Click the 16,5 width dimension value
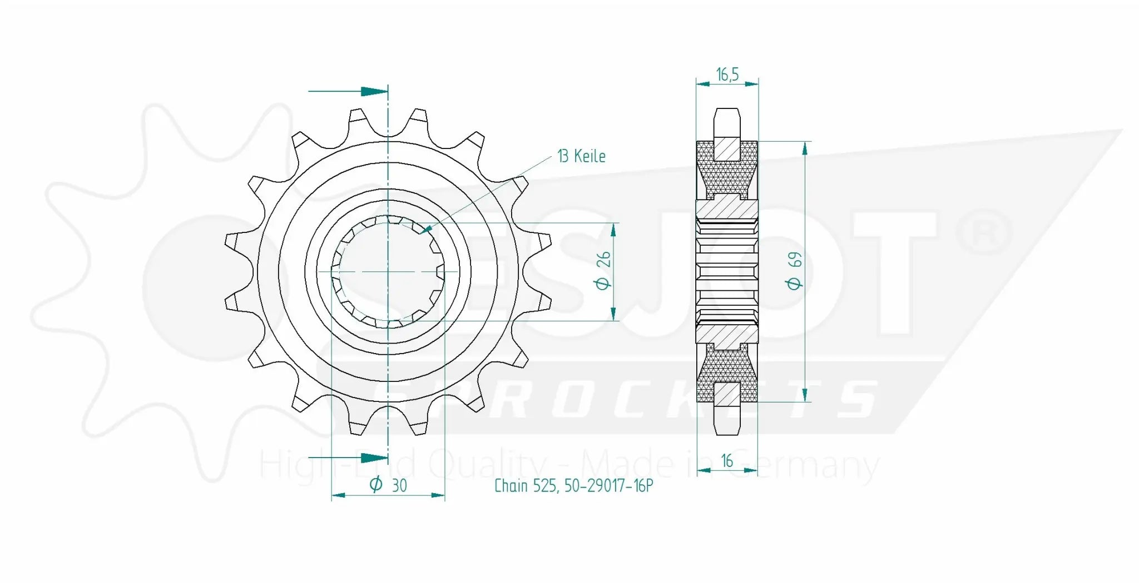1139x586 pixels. click(x=727, y=75)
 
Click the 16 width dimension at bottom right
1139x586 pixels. click(x=727, y=461)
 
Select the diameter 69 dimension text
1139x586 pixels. click(x=795, y=271)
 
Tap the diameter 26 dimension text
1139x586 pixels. click(x=603, y=271)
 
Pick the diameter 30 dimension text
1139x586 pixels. click(x=389, y=485)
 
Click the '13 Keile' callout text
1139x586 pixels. click(x=581, y=156)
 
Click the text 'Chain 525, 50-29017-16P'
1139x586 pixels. click(x=573, y=486)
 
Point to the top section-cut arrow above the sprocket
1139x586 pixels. click(x=374, y=91)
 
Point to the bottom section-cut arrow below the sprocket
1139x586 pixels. click(x=374, y=458)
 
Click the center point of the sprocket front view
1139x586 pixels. click(x=388, y=271)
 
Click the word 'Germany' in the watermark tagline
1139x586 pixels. click(x=804, y=466)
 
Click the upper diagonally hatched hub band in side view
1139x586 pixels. click(x=727, y=208)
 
